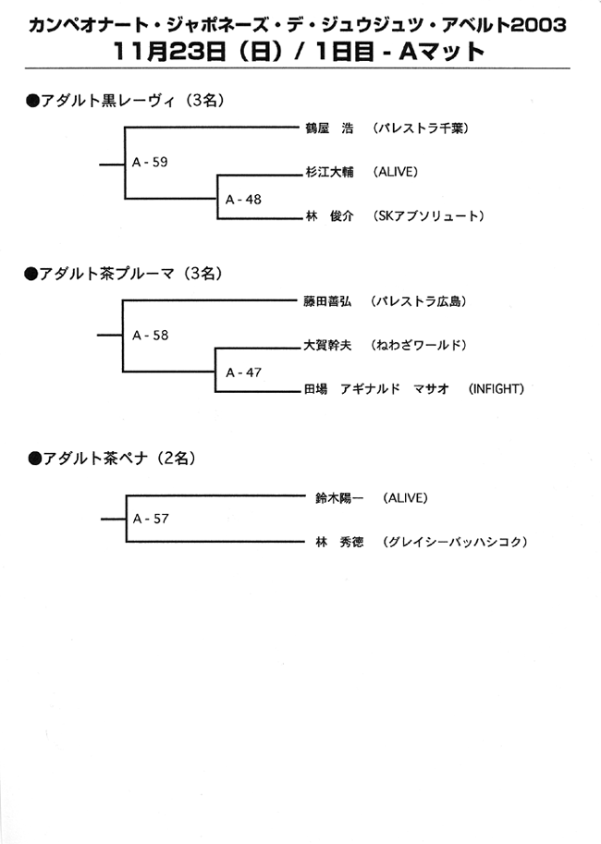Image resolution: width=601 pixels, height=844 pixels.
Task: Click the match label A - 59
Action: (x=150, y=162)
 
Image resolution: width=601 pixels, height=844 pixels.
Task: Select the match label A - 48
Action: (x=243, y=200)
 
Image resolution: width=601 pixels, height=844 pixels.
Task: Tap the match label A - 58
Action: (x=150, y=336)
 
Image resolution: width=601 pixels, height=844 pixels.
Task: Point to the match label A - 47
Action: (x=243, y=373)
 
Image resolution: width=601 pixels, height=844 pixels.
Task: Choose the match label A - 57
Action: (x=151, y=519)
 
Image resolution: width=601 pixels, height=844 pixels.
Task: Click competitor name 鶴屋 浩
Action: (x=329, y=128)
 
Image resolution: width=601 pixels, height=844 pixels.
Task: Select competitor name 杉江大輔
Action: (x=329, y=172)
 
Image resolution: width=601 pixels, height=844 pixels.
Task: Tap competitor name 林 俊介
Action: (x=329, y=216)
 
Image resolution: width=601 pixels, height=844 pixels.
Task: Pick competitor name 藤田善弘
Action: (x=327, y=301)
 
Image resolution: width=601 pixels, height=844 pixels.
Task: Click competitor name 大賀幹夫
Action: (x=327, y=345)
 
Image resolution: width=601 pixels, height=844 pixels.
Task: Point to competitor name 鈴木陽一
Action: (x=339, y=498)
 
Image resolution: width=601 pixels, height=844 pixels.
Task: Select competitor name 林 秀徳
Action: (x=339, y=542)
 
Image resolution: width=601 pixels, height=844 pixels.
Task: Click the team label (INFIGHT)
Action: (x=496, y=388)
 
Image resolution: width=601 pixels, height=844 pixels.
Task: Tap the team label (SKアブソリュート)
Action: (x=428, y=216)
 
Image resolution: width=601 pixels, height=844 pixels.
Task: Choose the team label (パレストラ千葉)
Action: (x=420, y=128)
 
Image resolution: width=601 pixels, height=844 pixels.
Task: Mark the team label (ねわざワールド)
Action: (x=418, y=345)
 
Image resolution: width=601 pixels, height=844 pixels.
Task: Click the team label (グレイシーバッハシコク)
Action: (x=455, y=542)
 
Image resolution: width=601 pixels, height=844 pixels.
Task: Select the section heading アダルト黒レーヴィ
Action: (x=107, y=101)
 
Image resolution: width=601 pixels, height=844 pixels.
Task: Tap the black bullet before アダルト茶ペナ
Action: (x=34, y=459)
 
